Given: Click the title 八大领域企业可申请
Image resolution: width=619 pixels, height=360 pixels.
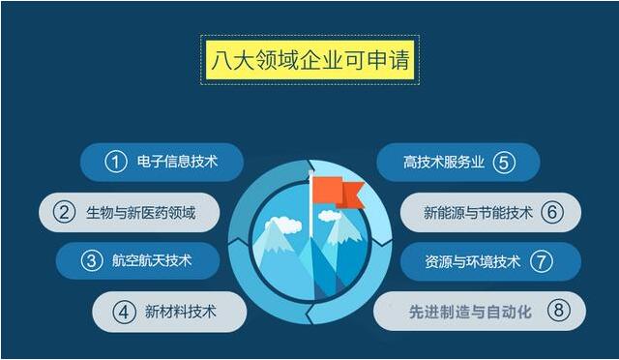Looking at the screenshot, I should pos(309,61).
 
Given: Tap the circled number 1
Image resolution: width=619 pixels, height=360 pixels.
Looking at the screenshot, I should pos(116,162).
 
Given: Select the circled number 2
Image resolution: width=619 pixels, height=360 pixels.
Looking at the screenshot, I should pos(65,212).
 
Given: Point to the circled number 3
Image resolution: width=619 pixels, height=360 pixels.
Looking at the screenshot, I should pos(92,260).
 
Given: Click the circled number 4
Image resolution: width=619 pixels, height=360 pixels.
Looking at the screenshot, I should pos(123,312).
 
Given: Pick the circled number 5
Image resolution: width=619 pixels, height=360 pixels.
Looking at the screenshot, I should pos(502,162).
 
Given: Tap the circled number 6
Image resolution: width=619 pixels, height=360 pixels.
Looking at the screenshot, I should pos(552,212).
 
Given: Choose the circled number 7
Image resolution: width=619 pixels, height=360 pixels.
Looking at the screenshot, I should pos(542,260).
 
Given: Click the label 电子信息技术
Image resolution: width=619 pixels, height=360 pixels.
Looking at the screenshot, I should pos(181,162).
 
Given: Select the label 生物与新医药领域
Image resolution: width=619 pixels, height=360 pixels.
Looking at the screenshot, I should pos(140,212).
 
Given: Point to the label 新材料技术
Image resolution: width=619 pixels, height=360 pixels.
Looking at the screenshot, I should pos(180,312).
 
